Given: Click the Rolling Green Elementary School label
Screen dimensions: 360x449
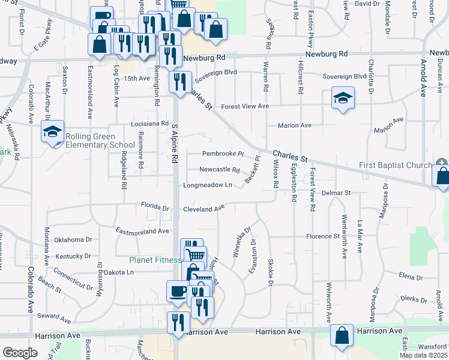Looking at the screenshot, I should tap(100, 140).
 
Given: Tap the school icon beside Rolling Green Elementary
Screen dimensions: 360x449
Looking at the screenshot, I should tap(52, 131).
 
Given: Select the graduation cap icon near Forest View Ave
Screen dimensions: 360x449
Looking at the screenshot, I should tap(343, 98).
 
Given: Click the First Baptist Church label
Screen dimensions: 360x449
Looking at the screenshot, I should tap(395, 166).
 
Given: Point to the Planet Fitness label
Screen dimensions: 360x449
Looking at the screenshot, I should tap(155, 260).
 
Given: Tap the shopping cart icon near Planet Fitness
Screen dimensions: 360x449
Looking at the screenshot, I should tap(195, 256).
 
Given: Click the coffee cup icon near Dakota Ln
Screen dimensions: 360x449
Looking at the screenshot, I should tap(177, 291).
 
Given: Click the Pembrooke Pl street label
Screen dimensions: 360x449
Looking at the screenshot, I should tap(223, 154).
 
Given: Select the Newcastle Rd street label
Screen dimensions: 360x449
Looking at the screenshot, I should tap(220, 169).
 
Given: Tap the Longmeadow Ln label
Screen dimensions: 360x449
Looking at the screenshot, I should tap(208, 185).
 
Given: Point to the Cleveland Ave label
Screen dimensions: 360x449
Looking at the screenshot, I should tap(204, 209).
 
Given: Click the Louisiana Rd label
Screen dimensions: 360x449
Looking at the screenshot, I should tap(149, 124).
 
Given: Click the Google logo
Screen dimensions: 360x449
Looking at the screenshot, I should tap(20, 353).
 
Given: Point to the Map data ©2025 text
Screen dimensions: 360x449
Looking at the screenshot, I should tap(423, 355).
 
